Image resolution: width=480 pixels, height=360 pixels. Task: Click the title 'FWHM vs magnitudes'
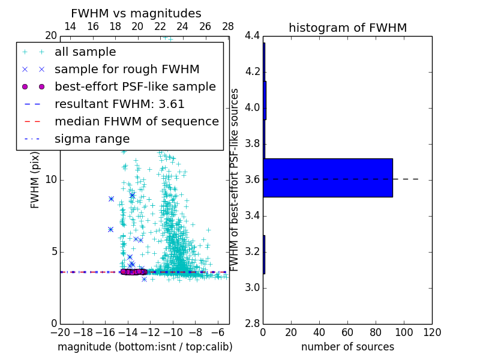tap(136, 13)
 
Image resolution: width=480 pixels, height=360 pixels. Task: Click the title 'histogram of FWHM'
tap(347, 28)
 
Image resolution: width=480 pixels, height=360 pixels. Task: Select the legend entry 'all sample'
tap(85, 52)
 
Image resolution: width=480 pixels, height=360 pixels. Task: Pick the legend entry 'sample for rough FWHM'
tap(127, 69)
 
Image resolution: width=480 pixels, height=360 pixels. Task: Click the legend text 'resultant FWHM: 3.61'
tap(119, 104)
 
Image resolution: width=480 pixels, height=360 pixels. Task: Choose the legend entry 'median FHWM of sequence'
tap(136, 121)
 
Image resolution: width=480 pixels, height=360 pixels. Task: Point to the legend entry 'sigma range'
tap(92, 139)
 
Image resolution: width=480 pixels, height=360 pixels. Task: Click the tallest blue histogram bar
tap(328, 178)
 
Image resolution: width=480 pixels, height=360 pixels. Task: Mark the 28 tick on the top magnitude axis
tap(228, 26)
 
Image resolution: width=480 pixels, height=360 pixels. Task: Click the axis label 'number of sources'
tap(347, 347)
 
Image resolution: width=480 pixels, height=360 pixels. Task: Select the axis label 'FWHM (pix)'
tap(35, 180)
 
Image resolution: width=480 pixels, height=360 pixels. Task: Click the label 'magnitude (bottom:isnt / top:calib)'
tap(145, 347)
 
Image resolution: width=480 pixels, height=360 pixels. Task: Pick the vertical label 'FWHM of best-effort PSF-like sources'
tap(235, 180)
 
